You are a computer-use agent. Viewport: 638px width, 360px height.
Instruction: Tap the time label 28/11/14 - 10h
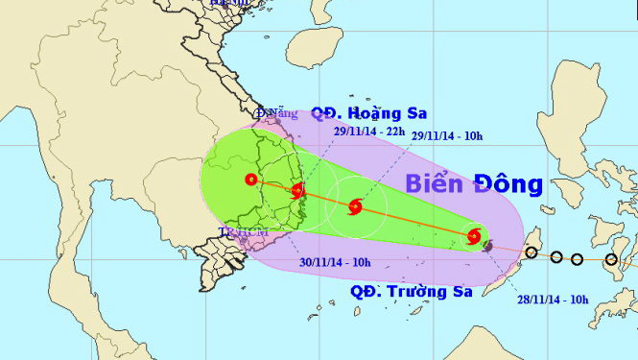coord(553,300)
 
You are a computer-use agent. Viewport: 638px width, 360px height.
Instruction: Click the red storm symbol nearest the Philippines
coord(473,236)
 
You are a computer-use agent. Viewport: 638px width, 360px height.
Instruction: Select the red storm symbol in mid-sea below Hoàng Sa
coord(356,205)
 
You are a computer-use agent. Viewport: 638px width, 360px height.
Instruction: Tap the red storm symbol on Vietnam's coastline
coord(296,190)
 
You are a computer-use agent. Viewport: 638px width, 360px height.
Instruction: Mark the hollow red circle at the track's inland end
coord(250,179)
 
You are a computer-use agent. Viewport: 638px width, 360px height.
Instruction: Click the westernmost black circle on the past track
coord(531,253)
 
